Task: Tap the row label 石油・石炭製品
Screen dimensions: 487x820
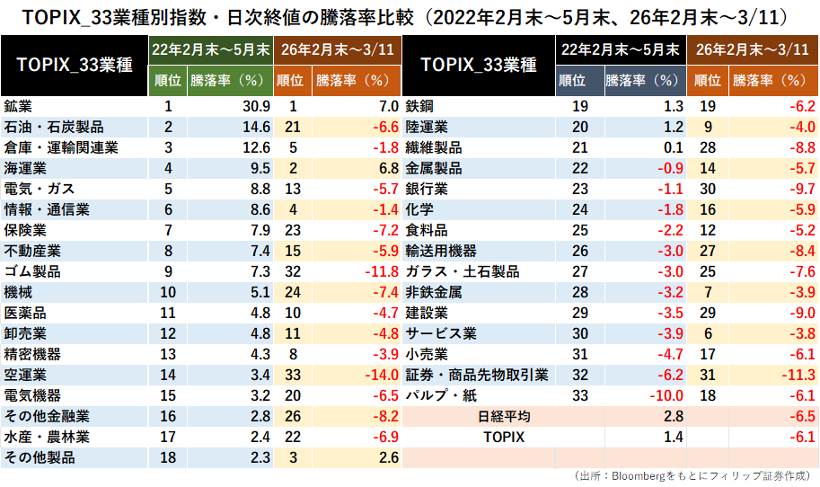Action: point(54,127)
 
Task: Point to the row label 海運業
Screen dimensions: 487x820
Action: point(24,167)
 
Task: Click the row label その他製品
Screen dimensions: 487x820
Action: point(40,457)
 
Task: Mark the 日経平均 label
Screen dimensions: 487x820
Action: point(503,417)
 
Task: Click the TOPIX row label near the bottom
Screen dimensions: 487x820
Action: point(503,438)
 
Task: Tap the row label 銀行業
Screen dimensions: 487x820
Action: point(427,188)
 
